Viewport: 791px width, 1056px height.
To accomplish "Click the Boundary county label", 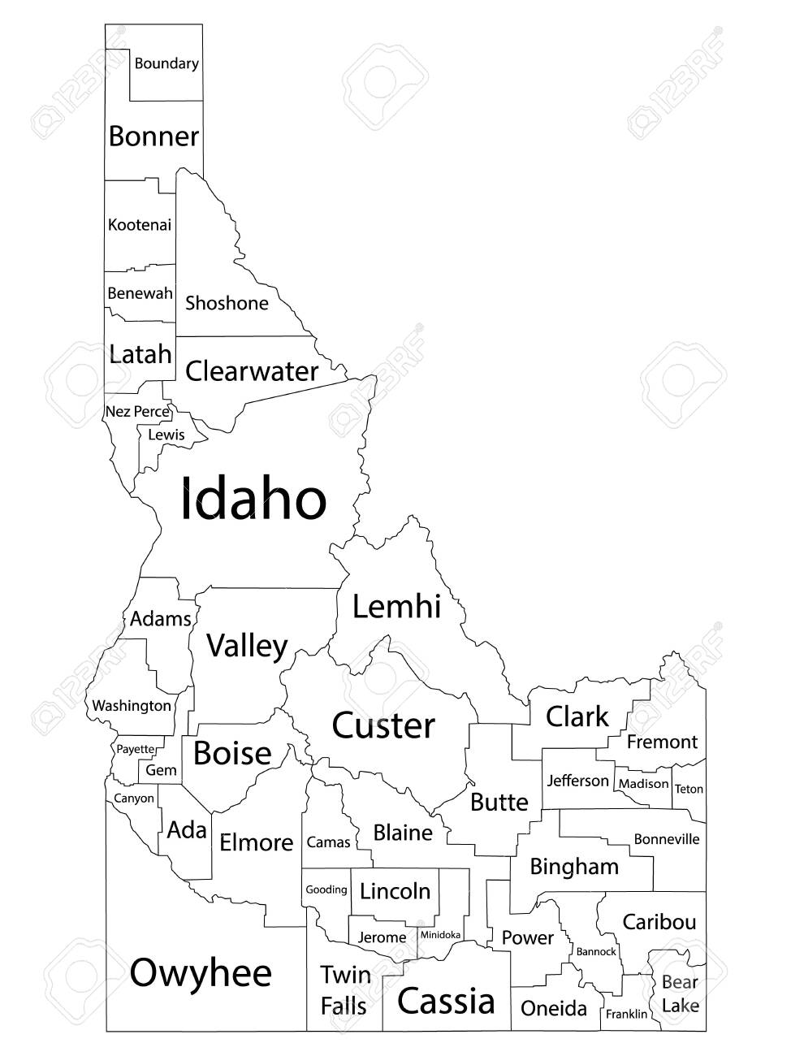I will [x=166, y=63].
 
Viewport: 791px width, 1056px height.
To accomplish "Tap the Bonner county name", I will [x=153, y=136].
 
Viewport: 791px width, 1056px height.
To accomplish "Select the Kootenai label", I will [x=140, y=225].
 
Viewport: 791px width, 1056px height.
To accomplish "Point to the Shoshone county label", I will [x=227, y=304].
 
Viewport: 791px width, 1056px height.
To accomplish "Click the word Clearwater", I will [x=252, y=371].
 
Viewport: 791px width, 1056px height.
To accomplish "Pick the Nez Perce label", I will [x=137, y=412].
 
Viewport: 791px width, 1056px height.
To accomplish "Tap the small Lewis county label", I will [x=166, y=435].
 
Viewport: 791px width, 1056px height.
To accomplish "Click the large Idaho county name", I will [x=253, y=499].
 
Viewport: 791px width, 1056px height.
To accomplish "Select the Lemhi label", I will [x=396, y=606].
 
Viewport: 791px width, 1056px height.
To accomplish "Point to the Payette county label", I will [x=136, y=749].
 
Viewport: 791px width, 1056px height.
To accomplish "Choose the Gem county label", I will [x=161, y=770].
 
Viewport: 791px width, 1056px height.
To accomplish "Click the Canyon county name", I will [x=134, y=798].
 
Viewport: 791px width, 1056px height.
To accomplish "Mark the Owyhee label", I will [x=201, y=972].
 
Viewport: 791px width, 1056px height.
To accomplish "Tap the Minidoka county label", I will [x=440, y=935].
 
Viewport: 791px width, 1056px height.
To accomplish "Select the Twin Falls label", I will [x=344, y=990].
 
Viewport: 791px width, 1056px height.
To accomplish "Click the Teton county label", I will [x=689, y=789].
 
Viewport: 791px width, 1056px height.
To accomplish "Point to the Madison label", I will [x=643, y=784].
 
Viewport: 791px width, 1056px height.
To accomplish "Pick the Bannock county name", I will [x=596, y=951].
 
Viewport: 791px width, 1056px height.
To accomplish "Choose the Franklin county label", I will [x=626, y=1014].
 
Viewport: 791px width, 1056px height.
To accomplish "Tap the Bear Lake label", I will [x=680, y=994].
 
